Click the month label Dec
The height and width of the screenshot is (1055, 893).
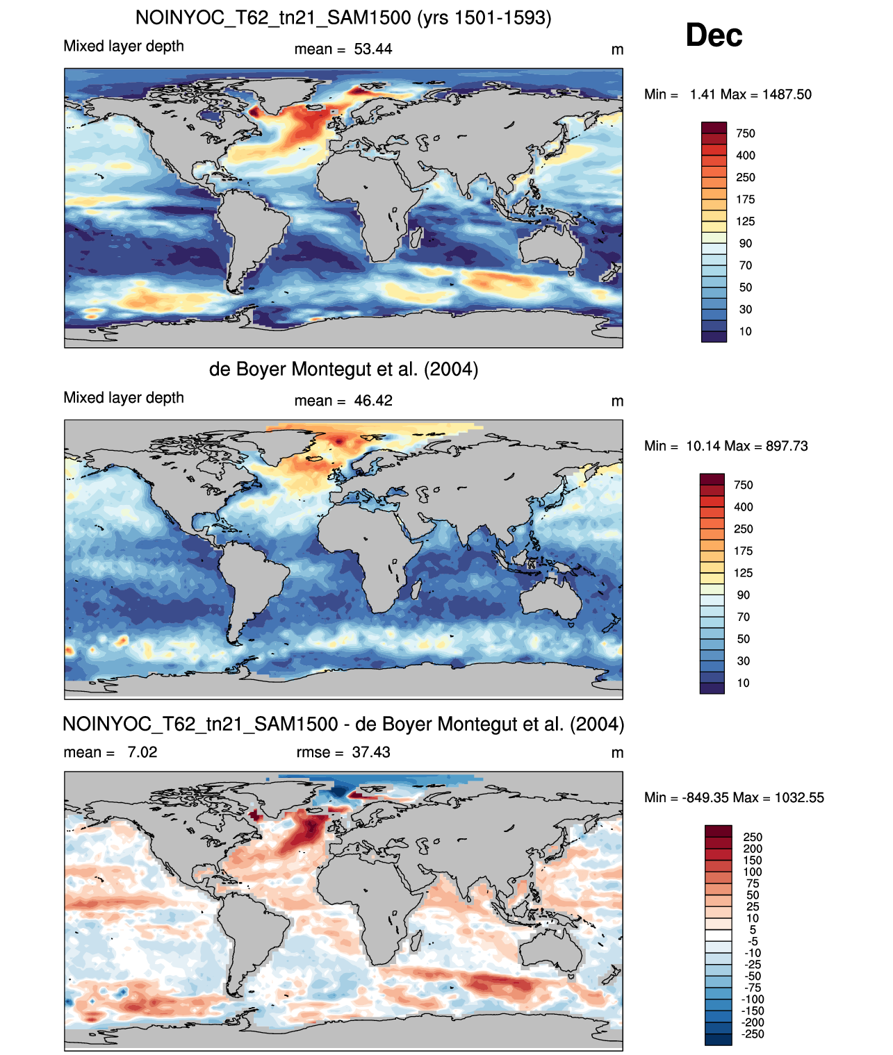(713, 35)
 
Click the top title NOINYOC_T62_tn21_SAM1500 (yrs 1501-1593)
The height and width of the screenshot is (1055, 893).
(343, 18)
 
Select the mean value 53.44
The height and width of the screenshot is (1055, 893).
(372, 49)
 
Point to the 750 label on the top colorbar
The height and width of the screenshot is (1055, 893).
(745, 133)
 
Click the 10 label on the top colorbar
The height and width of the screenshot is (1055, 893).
(745, 331)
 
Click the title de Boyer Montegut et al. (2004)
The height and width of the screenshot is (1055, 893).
(343, 369)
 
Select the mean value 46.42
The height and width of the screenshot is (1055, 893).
(372, 401)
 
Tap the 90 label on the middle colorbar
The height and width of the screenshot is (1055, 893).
(743, 595)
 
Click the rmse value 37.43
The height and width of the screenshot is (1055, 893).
(370, 751)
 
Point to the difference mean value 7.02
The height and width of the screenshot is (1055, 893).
(142, 751)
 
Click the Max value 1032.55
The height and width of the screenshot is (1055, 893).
(799, 797)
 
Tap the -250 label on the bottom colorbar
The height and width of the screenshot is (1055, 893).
(753, 1033)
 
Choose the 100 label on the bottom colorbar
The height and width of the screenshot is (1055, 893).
(752, 871)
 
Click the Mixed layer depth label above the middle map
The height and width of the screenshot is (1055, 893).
(124, 397)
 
